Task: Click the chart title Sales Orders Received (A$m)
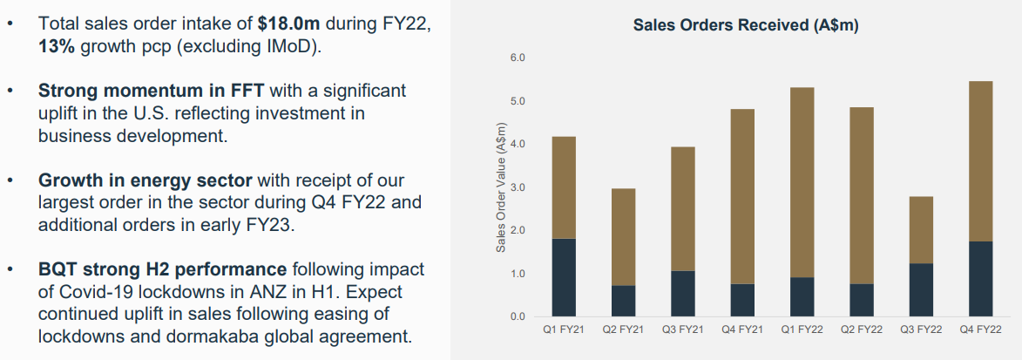pyautogui.click(x=745, y=26)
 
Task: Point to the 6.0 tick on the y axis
pyautogui.click(x=518, y=58)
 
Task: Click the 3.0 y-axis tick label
pyautogui.click(x=518, y=187)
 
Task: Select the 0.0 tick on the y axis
pyautogui.click(x=518, y=316)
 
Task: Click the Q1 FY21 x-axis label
pyautogui.click(x=564, y=330)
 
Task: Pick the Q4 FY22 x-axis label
pyautogui.click(x=980, y=330)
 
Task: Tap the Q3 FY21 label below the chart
pyautogui.click(x=682, y=330)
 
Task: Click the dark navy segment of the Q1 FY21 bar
pyautogui.click(x=564, y=277)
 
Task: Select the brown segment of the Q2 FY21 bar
pyautogui.click(x=623, y=237)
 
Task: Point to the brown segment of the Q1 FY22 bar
pyautogui.click(x=802, y=182)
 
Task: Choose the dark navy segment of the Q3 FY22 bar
pyautogui.click(x=920, y=289)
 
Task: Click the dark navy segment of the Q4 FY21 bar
pyautogui.click(x=741, y=300)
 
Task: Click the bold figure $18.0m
pyautogui.click(x=291, y=24)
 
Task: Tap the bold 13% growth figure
pyautogui.click(x=57, y=46)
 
